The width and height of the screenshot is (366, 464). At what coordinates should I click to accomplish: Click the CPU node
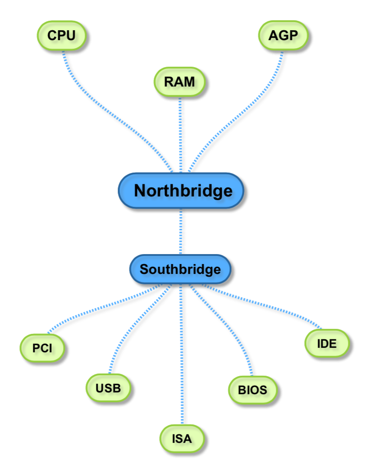(61, 35)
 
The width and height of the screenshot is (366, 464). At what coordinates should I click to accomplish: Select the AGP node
(284, 35)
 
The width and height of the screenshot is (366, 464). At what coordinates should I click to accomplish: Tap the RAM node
(179, 82)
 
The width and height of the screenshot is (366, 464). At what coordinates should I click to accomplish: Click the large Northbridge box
(181, 191)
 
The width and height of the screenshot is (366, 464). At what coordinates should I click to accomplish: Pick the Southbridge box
(180, 269)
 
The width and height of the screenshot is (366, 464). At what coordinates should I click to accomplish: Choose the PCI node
(42, 348)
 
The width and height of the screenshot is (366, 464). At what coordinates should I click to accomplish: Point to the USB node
(108, 387)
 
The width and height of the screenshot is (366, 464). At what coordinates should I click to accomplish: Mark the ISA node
(182, 437)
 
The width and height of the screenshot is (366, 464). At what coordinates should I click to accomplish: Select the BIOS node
(252, 390)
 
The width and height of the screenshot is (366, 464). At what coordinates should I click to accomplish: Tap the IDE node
(327, 344)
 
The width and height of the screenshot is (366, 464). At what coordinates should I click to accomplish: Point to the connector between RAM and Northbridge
(180, 135)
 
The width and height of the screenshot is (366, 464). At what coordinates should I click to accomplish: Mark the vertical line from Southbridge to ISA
(182, 360)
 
